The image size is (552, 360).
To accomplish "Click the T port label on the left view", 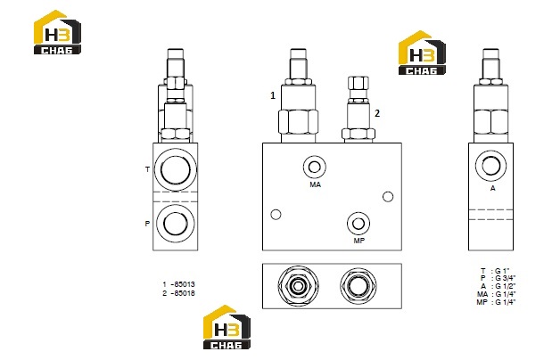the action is [x=147, y=169].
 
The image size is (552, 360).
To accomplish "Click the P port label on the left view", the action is [x=147, y=224].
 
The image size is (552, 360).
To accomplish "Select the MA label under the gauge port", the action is [x=316, y=184].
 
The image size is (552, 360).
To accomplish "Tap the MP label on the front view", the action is [x=359, y=241].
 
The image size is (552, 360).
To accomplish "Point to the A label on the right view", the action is [x=493, y=188].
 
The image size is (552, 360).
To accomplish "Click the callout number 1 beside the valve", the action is [x=273, y=95].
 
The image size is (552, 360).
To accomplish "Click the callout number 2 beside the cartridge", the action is [x=377, y=113].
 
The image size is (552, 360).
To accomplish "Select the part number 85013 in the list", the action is [x=185, y=284].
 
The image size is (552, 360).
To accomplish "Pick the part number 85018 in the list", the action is [x=185, y=293].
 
